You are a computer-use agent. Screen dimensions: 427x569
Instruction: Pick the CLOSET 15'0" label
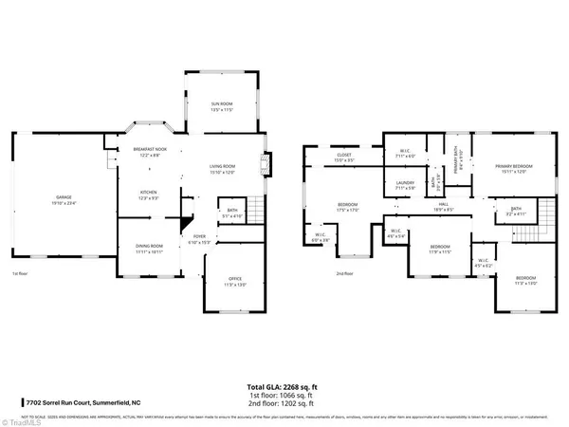pos(343,158)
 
